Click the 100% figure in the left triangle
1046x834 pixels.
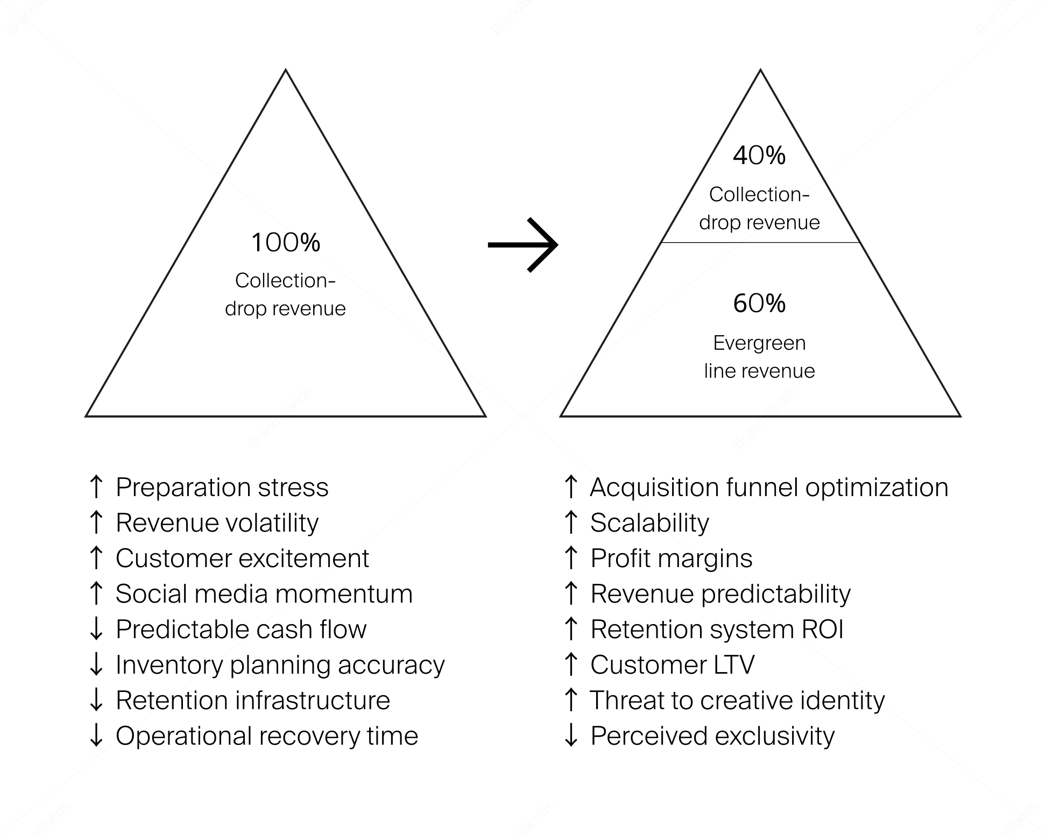click(x=285, y=243)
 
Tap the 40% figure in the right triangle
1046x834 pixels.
click(x=759, y=156)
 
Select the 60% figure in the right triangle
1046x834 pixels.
click(x=759, y=304)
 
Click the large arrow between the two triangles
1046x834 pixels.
click(x=523, y=245)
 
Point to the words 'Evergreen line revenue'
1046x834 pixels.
click(x=759, y=357)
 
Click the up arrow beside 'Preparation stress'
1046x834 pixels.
click(x=96, y=486)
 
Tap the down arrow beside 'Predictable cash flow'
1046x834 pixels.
click(x=96, y=628)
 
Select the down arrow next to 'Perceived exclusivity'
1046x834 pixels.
click(x=571, y=735)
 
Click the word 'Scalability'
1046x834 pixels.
click(x=649, y=522)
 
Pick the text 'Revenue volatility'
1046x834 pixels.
click(x=217, y=522)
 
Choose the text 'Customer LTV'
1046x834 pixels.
click(x=672, y=665)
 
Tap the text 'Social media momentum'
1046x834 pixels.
click(x=264, y=593)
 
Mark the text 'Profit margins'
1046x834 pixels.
click(x=671, y=558)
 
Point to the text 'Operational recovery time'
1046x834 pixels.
click(x=266, y=736)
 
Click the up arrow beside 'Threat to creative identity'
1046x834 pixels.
click(x=571, y=699)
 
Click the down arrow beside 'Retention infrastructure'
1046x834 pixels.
click(x=96, y=699)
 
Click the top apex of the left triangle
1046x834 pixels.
click(x=286, y=70)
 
